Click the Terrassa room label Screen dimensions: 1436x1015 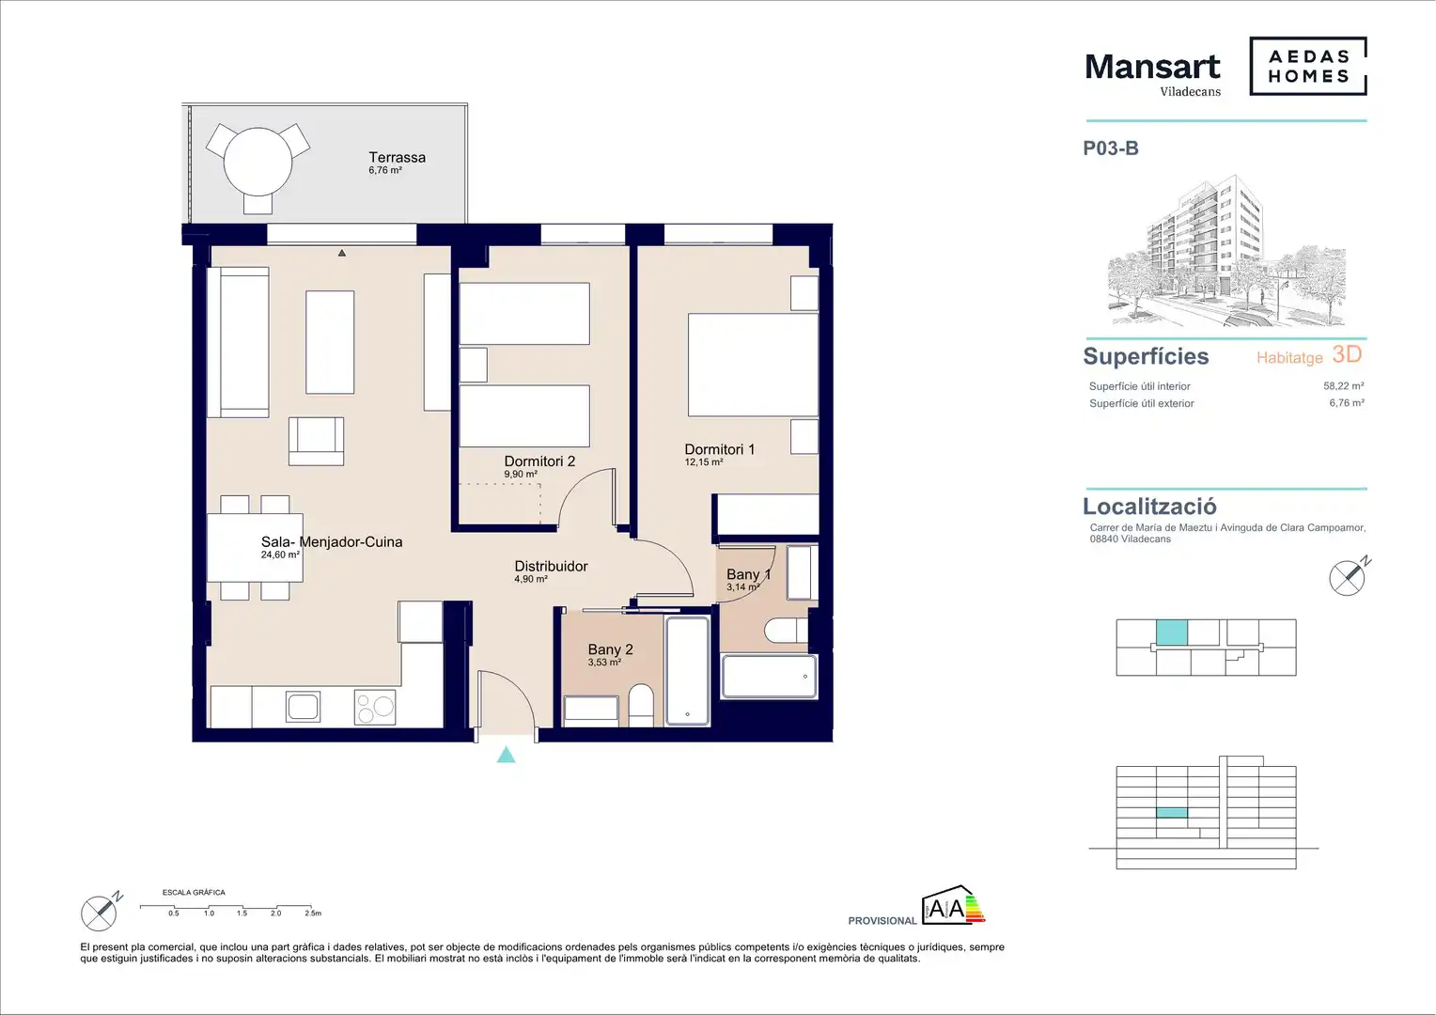[397, 157]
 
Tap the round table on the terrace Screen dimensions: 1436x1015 [258, 162]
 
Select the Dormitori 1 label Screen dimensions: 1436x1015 [719, 449]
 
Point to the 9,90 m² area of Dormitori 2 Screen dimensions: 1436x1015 [521, 475]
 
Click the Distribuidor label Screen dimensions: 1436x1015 [551, 566]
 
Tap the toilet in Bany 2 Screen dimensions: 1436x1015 [640, 705]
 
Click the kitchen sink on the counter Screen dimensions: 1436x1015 [304, 707]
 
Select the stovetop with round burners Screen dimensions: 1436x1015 [375, 708]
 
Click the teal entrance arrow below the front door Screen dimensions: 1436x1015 [507, 755]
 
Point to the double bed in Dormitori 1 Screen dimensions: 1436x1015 [754, 365]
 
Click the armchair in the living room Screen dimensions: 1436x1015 [316, 441]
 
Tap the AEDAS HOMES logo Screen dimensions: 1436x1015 [1308, 66]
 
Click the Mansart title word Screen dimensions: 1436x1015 [1152, 67]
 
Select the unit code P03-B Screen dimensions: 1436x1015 [1111, 148]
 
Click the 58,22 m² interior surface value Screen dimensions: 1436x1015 [1344, 386]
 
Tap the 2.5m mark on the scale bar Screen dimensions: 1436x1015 [313, 913]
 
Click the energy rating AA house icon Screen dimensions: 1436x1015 [953, 905]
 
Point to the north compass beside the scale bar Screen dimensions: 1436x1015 [100, 912]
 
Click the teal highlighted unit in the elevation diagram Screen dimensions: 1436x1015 [1171, 813]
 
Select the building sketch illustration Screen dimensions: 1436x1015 [1226, 251]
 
